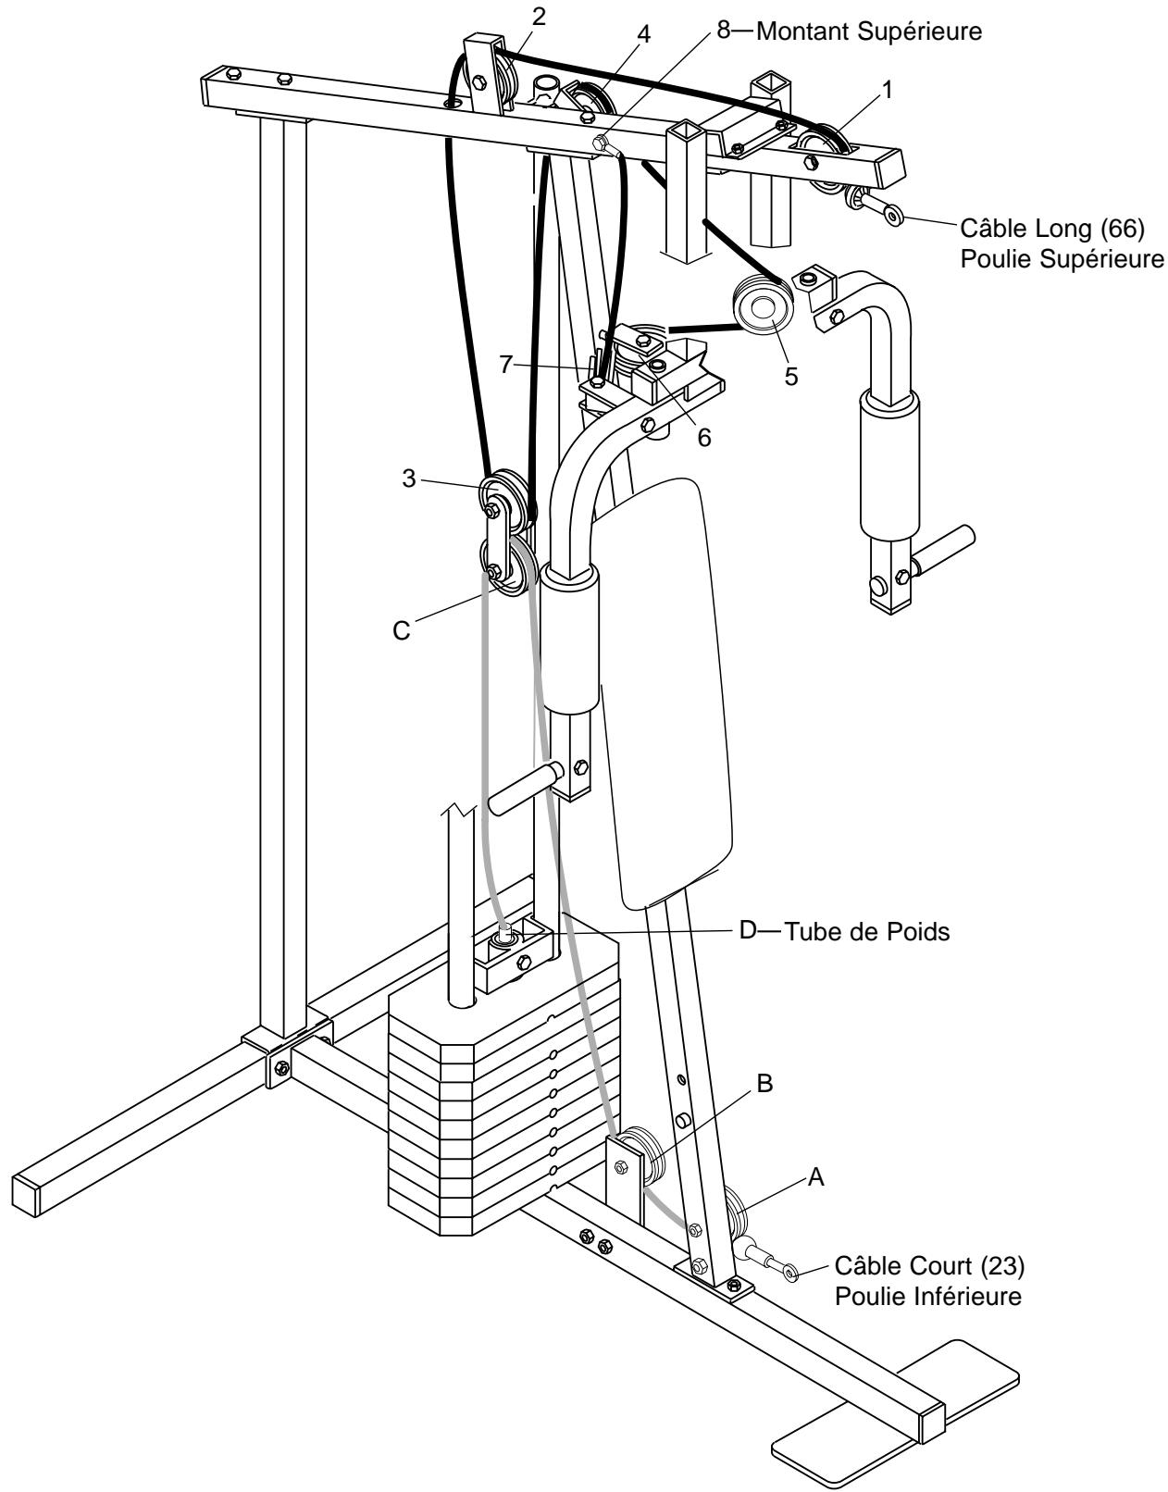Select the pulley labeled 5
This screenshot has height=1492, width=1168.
762,307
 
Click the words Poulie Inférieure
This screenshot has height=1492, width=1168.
927,1296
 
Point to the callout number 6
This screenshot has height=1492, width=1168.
705,438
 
